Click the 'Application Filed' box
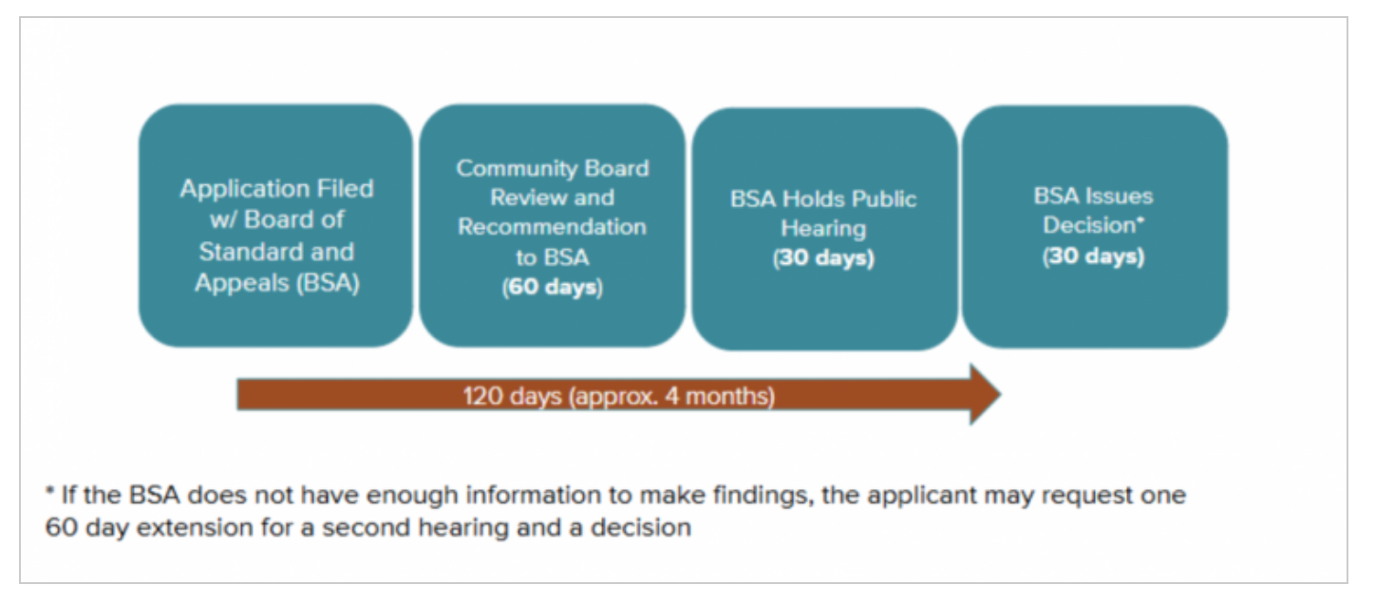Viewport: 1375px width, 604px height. point(275,225)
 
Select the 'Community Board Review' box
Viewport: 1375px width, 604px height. point(552,225)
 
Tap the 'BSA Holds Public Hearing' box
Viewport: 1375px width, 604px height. point(824,229)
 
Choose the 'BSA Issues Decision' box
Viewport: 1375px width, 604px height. point(1095,227)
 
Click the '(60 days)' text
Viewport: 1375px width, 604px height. point(553,287)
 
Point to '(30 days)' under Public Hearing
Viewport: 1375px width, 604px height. point(824,257)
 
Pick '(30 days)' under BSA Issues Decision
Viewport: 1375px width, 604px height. point(1093,256)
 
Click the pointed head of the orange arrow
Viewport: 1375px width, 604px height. point(1001,394)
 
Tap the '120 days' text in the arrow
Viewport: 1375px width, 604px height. point(513,396)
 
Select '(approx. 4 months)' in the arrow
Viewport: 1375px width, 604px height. point(672,397)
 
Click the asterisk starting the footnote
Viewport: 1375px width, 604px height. point(49,490)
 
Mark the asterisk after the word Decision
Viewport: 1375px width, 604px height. point(1140,218)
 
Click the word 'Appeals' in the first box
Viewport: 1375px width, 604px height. point(242,283)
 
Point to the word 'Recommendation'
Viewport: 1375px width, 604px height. point(552,227)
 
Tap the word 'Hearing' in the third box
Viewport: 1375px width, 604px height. point(824,229)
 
